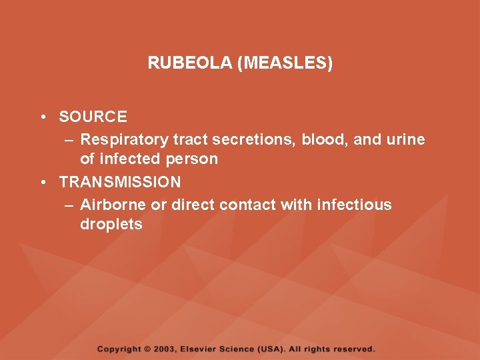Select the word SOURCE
(x=93, y=117)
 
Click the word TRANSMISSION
(x=119, y=182)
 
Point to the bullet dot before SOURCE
(x=42, y=117)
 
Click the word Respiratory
(x=124, y=139)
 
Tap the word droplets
(x=111, y=225)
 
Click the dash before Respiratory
(x=69, y=140)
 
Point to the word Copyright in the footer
(x=119, y=349)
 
